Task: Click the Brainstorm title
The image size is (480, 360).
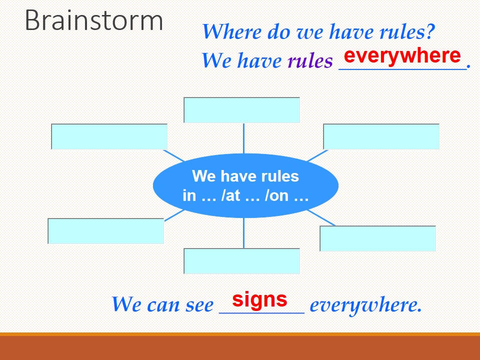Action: (x=93, y=20)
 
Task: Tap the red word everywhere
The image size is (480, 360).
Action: (x=402, y=55)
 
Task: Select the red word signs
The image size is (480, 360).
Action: (x=259, y=299)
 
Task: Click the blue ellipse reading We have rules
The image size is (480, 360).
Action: (x=245, y=186)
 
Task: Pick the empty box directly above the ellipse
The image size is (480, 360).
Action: (x=242, y=110)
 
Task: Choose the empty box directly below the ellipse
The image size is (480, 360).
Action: (x=242, y=261)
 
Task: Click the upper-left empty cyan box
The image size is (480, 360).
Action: (x=109, y=136)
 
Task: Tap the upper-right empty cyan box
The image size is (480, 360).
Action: (x=381, y=136)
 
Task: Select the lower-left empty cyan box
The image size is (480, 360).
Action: (x=106, y=231)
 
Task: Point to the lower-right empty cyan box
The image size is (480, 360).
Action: (x=378, y=238)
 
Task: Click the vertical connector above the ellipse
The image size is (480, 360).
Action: (x=243, y=138)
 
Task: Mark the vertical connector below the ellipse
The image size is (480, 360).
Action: (x=243, y=233)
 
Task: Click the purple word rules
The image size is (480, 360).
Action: (x=310, y=60)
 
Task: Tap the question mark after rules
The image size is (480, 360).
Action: (x=430, y=31)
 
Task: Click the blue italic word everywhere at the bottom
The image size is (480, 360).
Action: (x=366, y=305)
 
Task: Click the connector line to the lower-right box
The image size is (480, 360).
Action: (x=321, y=218)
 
